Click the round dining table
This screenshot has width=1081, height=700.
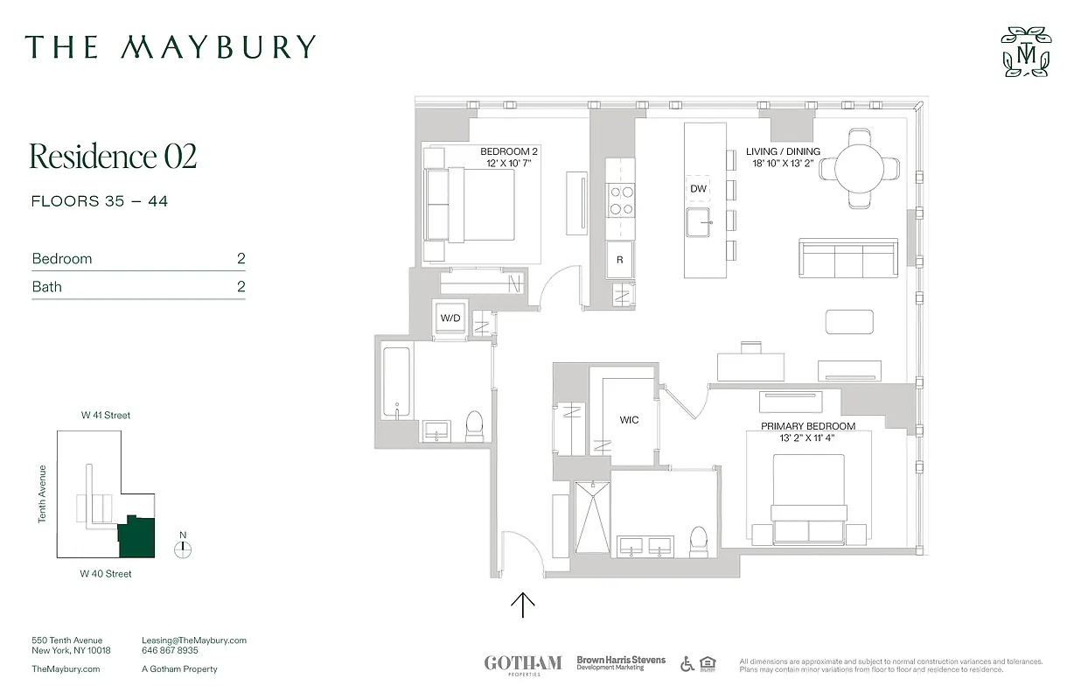860,168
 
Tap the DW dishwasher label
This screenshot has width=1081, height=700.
698,189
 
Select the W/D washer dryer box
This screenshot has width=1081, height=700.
450,318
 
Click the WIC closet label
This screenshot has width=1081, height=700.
629,420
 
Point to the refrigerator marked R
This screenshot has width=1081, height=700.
620,260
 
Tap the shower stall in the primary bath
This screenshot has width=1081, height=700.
592,517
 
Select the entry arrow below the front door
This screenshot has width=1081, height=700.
522,605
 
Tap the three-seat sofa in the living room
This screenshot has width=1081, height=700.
848,259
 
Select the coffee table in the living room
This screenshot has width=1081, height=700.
849,321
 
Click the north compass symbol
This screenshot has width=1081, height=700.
182,549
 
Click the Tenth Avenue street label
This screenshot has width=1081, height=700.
42,493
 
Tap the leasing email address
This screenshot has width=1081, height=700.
194,640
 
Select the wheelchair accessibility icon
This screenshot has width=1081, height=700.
687,664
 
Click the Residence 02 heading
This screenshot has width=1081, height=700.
113,157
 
